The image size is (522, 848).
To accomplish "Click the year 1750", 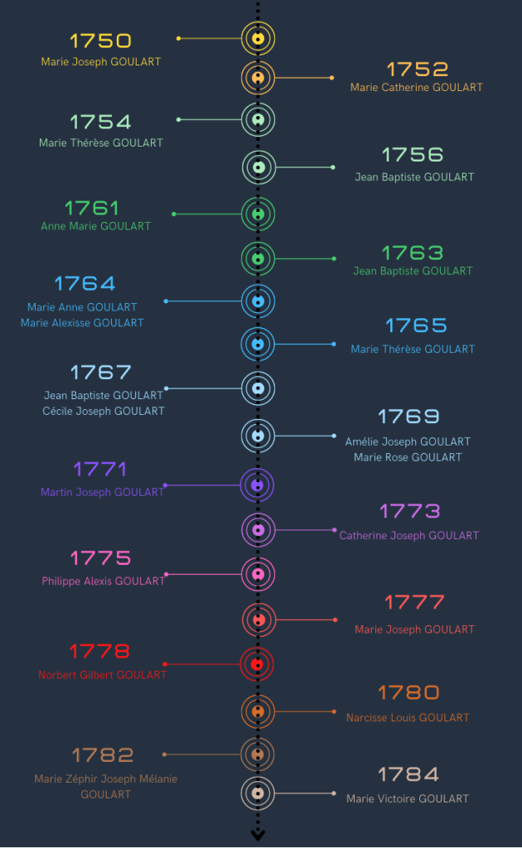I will (x=100, y=41).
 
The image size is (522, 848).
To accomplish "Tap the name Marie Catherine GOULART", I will (x=416, y=87).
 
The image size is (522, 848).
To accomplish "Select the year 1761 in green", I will (x=92, y=208).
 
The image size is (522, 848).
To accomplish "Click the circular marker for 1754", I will (x=258, y=120).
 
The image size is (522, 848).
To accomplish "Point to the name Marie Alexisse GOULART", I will (x=82, y=323).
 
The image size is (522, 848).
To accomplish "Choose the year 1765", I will (x=416, y=325).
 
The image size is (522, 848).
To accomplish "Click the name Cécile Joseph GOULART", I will (x=104, y=411).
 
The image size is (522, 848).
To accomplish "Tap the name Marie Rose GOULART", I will (x=408, y=457).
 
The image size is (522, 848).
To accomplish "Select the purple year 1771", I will (x=100, y=470).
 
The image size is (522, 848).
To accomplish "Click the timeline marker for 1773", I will (x=258, y=529).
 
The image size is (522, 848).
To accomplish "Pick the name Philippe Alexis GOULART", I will (x=104, y=581).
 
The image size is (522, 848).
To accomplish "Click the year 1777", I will (x=414, y=602).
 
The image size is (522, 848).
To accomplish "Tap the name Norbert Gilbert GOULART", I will (x=103, y=675).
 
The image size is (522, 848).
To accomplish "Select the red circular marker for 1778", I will (x=258, y=663).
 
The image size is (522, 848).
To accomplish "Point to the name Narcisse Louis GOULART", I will (x=408, y=718).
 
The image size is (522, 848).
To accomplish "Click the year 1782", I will (x=103, y=755).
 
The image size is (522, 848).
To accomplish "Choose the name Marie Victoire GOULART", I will (x=408, y=799).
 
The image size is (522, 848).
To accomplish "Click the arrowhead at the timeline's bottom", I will (x=258, y=834).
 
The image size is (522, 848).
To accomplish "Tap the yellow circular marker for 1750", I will (x=258, y=39).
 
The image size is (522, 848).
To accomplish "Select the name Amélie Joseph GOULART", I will (x=408, y=441).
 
